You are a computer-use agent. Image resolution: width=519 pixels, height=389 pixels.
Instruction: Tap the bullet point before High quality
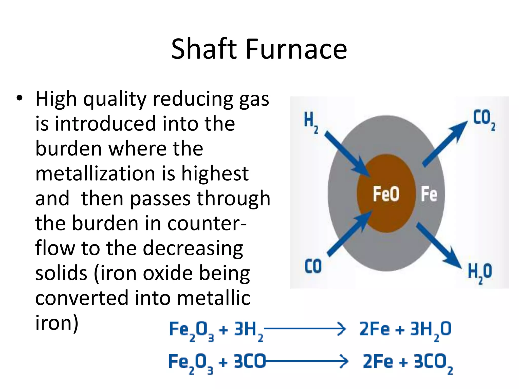click(20, 98)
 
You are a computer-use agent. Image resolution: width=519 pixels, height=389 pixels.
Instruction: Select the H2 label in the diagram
click(311, 122)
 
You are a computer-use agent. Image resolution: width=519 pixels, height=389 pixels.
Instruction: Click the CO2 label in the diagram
click(484, 119)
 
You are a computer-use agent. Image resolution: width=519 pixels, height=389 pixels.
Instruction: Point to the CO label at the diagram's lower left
click(313, 266)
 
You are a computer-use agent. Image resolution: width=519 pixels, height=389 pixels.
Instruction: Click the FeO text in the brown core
click(386, 194)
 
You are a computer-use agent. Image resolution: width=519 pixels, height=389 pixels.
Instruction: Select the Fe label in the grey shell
click(429, 194)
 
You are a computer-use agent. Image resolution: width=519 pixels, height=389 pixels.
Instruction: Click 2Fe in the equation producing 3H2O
click(374, 329)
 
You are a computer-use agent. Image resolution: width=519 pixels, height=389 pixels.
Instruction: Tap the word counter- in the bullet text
click(207, 223)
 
